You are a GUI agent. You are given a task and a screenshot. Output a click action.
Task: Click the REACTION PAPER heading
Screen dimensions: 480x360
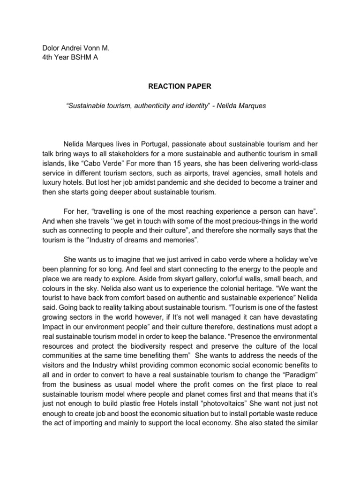[x=180, y=86]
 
